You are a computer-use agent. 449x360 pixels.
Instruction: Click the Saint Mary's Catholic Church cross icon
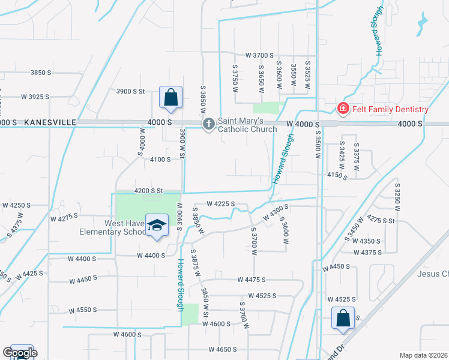tap(208, 124)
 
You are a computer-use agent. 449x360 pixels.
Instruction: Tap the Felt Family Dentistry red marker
tap(343, 109)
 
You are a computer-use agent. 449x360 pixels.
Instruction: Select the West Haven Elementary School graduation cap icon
tap(157, 225)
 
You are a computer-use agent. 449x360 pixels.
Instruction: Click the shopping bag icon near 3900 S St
tap(170, 97)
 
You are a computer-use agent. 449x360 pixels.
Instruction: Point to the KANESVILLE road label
tap(50, 122)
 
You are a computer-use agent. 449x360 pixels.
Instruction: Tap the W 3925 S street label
tap(35, 96)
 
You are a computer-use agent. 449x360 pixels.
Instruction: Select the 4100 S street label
tap(161, 159)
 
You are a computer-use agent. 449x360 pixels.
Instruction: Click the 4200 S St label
tap(149, 190)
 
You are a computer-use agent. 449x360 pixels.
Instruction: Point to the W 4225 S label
tap(220, 204)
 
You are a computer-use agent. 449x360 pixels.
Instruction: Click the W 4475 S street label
tap(255, 280)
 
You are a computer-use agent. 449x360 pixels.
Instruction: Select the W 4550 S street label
tap(83, 310)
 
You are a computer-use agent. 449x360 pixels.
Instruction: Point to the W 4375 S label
tap(367, 253)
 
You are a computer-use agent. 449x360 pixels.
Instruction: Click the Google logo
tap(20, 353)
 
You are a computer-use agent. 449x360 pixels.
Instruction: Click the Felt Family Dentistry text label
tap(390, 109)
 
